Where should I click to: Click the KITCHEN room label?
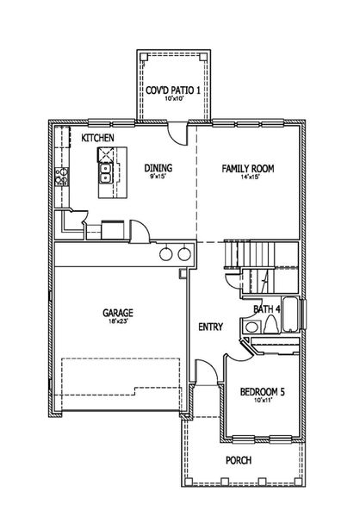(x=98, y=138)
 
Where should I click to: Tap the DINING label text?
(x=158, y=169)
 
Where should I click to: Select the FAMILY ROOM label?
(x=247, y=169)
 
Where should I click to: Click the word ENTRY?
(x=211, y=327)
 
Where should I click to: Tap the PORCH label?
(x=239, y=460)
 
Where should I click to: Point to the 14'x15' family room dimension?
(x=247, y=178)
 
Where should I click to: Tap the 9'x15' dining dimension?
(x=158, y=178)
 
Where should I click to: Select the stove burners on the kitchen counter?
(x=61, y=178)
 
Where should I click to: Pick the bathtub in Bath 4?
(x=292, y=316)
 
